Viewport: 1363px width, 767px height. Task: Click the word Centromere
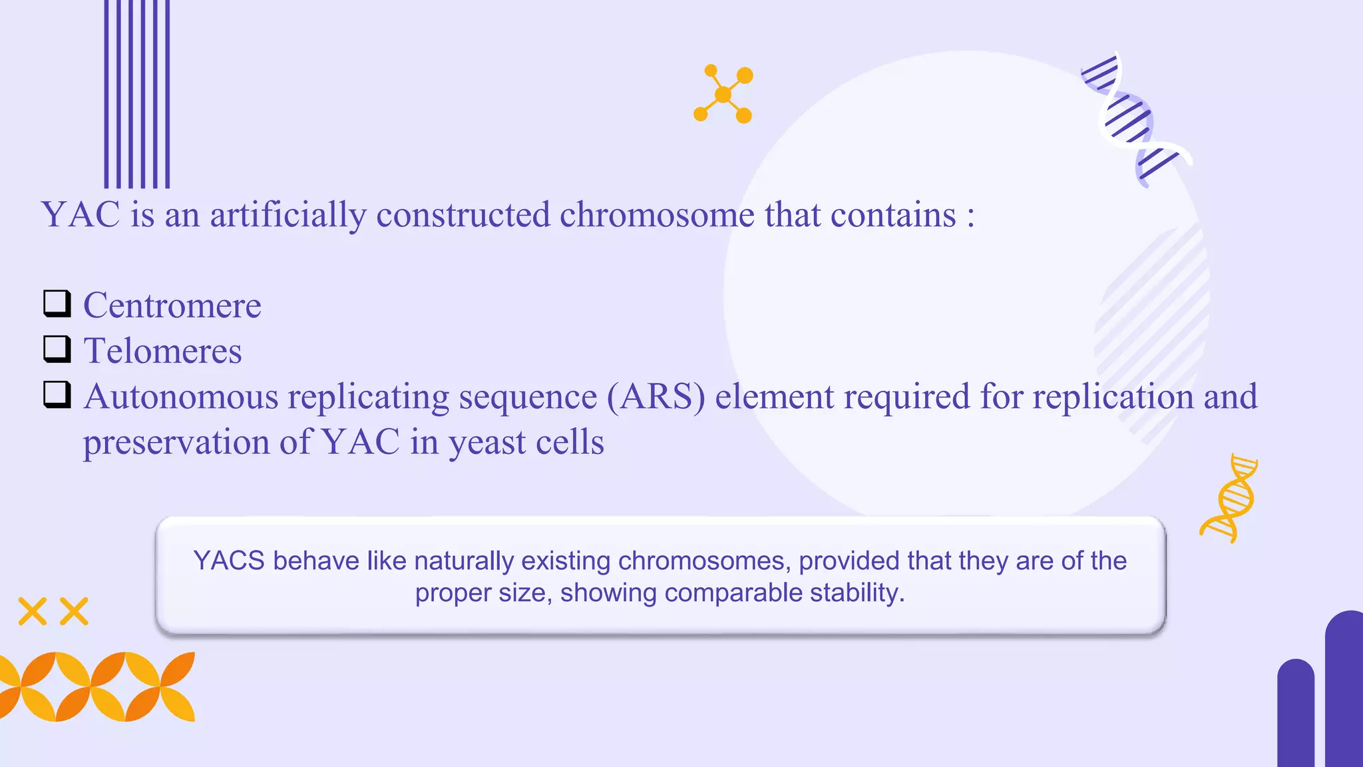point(172,306)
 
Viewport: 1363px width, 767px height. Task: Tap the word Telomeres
point(162,351)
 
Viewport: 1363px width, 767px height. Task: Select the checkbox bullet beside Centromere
point(57,304)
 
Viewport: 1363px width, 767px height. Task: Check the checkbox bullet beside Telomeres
point(57,349)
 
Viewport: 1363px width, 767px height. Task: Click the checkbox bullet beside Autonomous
point(57,394)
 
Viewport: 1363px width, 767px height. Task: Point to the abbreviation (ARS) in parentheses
point(656,397)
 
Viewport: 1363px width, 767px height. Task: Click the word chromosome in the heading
point(657,215)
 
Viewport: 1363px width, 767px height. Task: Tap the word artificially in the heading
point(288,215)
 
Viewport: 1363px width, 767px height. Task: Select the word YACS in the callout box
point(229,561)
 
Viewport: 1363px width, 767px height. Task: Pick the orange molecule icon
point(723,94)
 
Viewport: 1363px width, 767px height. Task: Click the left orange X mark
point(32,611)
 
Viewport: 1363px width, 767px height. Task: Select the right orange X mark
point(74,611)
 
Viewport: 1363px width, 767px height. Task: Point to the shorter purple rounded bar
point(1295,712)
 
